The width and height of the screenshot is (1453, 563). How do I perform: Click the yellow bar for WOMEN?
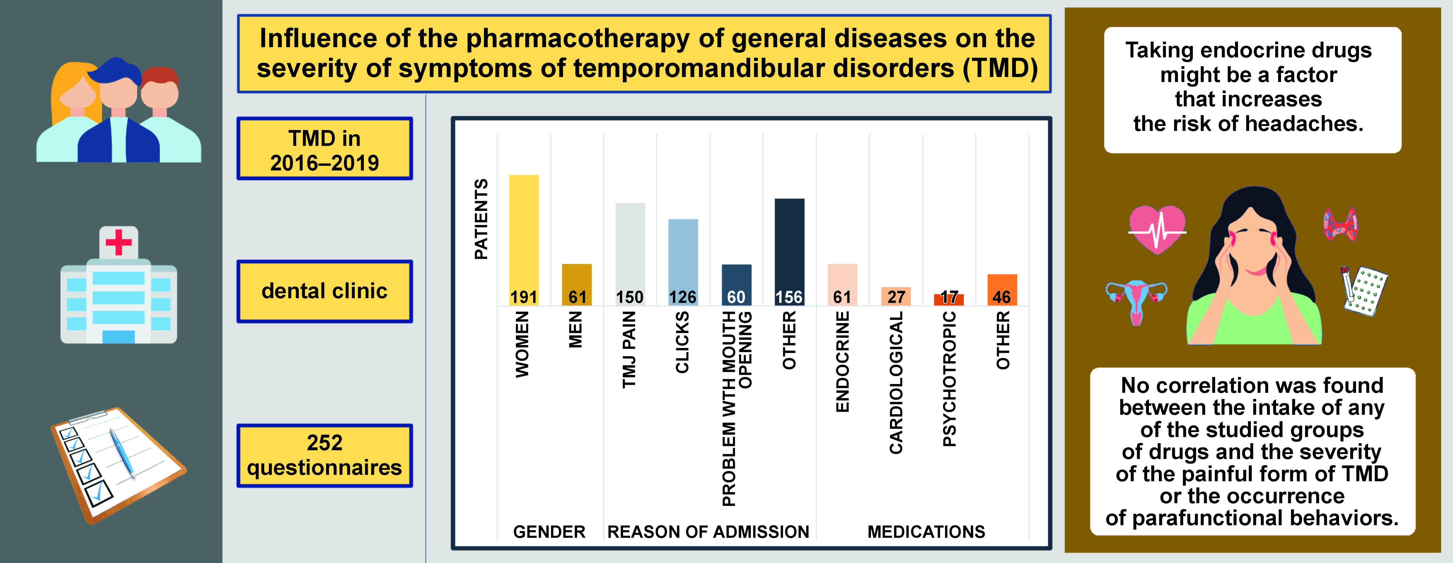(x=523, y=237)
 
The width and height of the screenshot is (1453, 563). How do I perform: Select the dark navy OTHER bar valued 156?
(x=789, y=248)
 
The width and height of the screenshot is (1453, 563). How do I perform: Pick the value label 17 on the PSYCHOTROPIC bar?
(x=949, y=297)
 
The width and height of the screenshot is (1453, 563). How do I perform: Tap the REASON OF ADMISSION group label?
(x=708, y=531)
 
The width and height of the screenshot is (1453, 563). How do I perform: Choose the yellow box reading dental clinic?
(x=324, y=291)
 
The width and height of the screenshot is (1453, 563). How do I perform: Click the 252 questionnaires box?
(x=324, y=455)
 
